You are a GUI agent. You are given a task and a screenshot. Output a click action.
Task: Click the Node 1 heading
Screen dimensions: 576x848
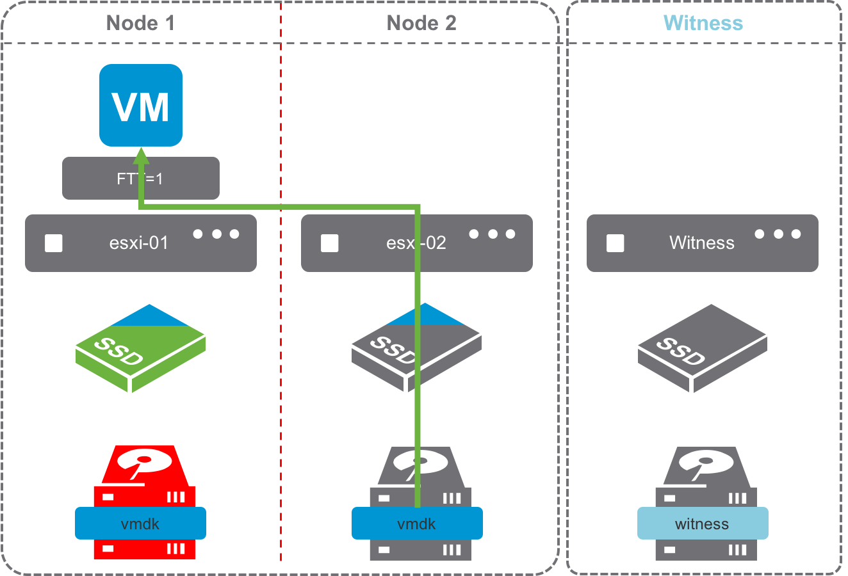point(140,24)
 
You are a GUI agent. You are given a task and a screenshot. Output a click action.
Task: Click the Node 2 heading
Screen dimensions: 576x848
point(421,24)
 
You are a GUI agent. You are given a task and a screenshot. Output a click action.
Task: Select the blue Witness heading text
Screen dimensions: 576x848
point(703,24)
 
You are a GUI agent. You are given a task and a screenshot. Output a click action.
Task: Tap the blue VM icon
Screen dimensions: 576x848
point(141,105)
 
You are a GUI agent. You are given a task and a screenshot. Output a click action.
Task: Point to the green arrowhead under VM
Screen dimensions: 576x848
point(140,156)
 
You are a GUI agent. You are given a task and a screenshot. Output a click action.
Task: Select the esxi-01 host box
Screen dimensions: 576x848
point(140,243)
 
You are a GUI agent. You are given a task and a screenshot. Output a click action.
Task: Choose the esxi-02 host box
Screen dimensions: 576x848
point(359,243)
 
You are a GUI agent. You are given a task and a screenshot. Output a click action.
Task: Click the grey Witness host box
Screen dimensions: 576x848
point(702,243)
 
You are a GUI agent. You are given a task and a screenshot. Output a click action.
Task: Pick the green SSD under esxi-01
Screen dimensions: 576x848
point(140,348)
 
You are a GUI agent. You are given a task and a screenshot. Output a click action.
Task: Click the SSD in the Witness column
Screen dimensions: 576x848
point(702,348)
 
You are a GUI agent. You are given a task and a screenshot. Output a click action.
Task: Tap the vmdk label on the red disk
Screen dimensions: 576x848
point(140,524)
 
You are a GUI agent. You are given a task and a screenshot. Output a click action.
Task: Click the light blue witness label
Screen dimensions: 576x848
point(703,524)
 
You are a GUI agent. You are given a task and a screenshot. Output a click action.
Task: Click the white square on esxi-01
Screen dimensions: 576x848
point(54,243)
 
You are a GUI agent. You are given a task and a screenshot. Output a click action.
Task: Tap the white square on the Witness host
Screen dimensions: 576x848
point(616,243)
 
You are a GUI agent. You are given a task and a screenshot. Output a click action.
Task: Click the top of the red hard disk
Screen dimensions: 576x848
point(145,464)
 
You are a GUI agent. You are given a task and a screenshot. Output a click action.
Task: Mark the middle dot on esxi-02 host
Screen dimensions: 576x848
point(493,234)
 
